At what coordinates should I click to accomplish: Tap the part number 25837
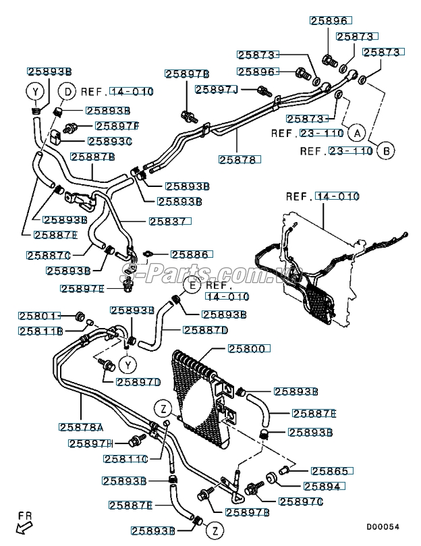[x=171, y=221]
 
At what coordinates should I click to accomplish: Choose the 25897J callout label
[x=217, y=89]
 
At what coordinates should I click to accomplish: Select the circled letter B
[x=386, y=151]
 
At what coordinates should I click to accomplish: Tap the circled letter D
[x=67, y=91]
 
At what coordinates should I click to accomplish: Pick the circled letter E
[x=192, y=286]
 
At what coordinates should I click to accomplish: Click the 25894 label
[x=324, y=486]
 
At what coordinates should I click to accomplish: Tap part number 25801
[x=40, y=315]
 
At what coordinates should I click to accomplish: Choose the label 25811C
[x=125, y=459]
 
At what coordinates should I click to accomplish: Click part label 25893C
[x=110, y=141]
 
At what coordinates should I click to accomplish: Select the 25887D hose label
[x=206, y=330]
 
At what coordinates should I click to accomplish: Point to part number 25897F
[x=117, y=126]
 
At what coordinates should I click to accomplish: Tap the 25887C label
[x=49, y=255]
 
